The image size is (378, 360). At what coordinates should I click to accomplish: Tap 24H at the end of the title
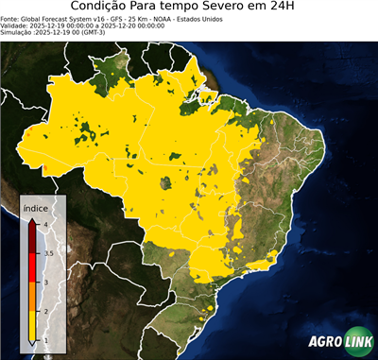[x=292, y=8]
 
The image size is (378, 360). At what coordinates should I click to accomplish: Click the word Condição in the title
[x=103, y=8]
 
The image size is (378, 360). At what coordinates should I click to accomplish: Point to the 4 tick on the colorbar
[x=45, y=224]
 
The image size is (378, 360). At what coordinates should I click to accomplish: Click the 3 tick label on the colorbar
[x=45, y=282]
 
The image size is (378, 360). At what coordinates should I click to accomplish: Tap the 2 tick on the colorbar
[x=45, y=311]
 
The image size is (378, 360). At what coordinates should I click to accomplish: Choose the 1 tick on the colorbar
[x=45, y=340]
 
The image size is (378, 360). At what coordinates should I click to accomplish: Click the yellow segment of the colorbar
[x=34, y=326]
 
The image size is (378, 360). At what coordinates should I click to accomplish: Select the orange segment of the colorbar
[x=34, y=297]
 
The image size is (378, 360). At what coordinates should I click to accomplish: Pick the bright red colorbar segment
[x=34, y=267]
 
